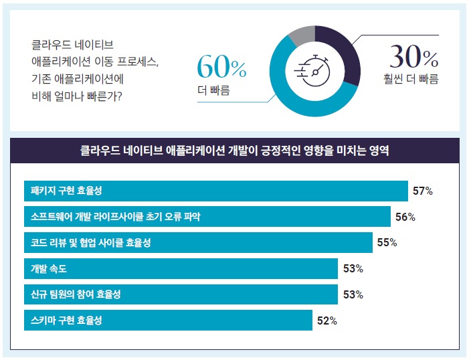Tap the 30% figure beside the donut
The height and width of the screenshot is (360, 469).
click(x=414, y=58)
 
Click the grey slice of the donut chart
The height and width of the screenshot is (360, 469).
click(x=302, y=33)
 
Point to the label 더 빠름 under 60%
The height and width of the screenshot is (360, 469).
click(x=213, y=90)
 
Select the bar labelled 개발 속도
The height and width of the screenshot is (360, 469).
click(x=181, y=269)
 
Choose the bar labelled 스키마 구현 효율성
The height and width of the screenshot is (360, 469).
click(x=168, y=321)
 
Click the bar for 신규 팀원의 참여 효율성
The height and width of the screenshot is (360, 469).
click(x=181, y=294)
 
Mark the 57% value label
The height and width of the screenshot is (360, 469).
click(x=423, y=191)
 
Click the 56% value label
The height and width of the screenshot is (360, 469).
click(x=405, y=217)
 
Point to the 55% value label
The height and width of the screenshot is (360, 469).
click(x=387, y=243)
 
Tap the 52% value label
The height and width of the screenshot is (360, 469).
click(x=326, y=321)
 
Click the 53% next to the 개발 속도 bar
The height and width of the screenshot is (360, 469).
click(x=353, y=269)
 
